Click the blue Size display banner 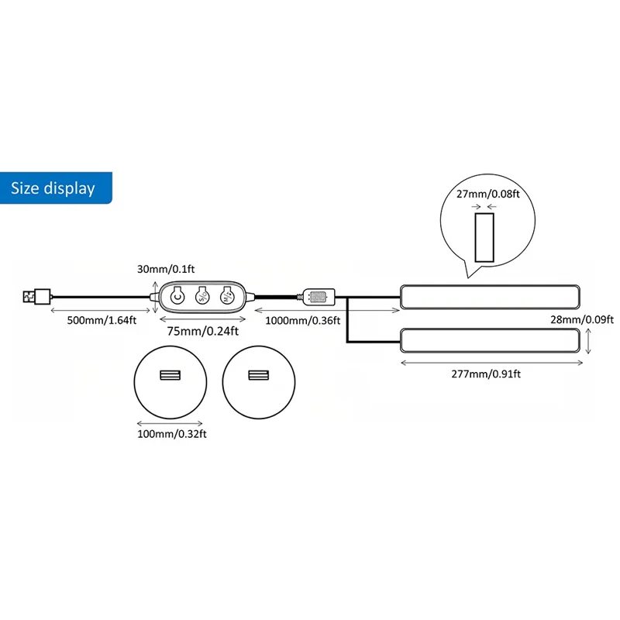coord(54,188)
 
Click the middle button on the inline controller coord(201,295)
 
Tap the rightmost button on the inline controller coord(226,295)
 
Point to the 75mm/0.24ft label coord(202,331)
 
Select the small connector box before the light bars coord(319,296)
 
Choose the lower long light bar coord(489,340)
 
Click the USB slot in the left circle coord(168,376)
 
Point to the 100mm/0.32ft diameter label coord(172,434)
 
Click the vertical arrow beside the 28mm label coord(591,340)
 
